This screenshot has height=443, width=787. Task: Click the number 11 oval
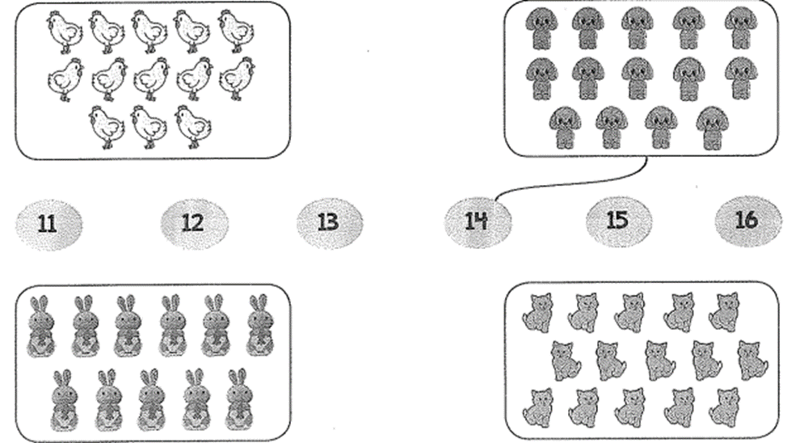(48, 224)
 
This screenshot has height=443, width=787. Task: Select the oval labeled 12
(194, 223)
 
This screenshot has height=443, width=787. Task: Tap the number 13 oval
(329, 222)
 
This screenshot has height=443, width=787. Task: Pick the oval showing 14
(478, 221)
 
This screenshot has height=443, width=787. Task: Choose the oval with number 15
(619, 221)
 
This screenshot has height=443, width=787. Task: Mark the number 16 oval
(748, 221)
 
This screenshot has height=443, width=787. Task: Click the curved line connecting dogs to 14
(572, 184)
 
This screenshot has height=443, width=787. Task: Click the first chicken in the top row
(65, 32)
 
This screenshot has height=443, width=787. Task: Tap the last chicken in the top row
(236, 32)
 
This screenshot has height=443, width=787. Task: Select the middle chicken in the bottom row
(149, 127)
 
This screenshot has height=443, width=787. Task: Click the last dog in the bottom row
(713, 128)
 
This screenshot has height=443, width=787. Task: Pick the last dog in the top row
(741, 28)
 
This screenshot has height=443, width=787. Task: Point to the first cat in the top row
(537, 313)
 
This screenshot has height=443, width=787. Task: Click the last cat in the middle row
(752, 360)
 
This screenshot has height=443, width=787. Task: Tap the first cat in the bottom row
(539, 408)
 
